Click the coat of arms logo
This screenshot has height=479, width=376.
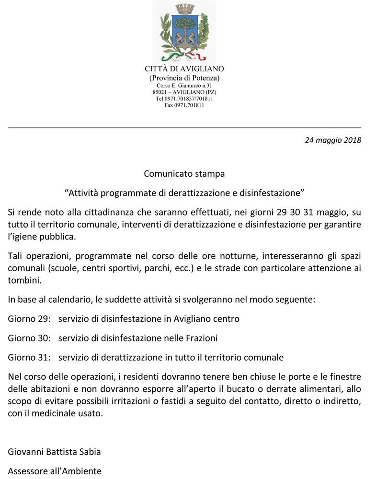click(x=184, y=33)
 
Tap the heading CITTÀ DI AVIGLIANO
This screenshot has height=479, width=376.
click(x=184, y=69)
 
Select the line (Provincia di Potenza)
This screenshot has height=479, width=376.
click(x=184, y=78)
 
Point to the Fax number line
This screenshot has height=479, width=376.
click(x=184, y=105)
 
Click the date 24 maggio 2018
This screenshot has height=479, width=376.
click(x=333, y=140)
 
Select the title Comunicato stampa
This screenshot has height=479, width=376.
click(x=184, y=173)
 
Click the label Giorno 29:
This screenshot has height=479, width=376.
click(x=29, y=319)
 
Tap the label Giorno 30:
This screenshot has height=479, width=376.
click(x=29, y=338)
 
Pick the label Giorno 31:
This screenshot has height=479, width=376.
click(x=29, y=357)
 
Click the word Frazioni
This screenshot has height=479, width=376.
click(x=201, y=338)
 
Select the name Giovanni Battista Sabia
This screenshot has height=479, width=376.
click(x=54, y=452)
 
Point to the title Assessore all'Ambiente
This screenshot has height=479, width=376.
click(x=55, y=471)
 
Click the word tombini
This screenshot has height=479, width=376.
click(x=23, y=280)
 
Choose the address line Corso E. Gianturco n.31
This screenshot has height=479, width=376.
click(x=184, y=85)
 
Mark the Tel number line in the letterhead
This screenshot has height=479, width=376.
click(x=184, y=98)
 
